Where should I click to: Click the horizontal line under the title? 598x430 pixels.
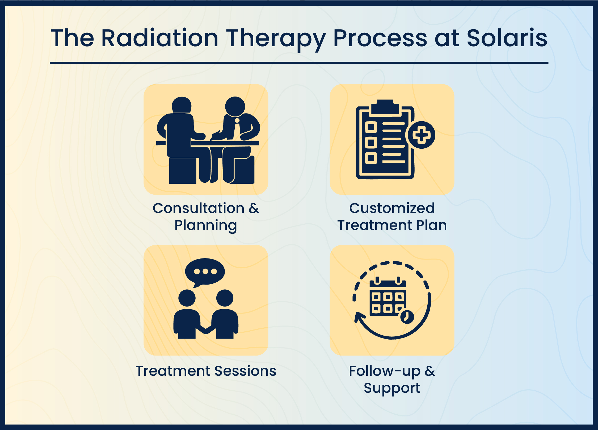coord(299,63)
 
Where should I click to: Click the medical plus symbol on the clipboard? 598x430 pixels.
coord(421,135)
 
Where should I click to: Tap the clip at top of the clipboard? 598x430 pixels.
coord(385,107)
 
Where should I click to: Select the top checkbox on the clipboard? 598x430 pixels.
coord(371,127)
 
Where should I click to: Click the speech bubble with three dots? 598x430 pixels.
coord(205,272)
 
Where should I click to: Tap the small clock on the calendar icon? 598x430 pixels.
coord(407,317)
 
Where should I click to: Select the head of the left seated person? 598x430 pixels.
coord(182,105)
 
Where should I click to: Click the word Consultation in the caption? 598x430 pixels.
coord(198,208)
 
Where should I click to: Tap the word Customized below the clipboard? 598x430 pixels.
coord(392,208)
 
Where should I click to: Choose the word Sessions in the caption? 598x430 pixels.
coord(245,371)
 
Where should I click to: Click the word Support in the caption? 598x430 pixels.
coord(392,388)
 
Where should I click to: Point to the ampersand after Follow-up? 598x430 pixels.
coord(429,371)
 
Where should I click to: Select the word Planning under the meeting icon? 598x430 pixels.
coord(206,226)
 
